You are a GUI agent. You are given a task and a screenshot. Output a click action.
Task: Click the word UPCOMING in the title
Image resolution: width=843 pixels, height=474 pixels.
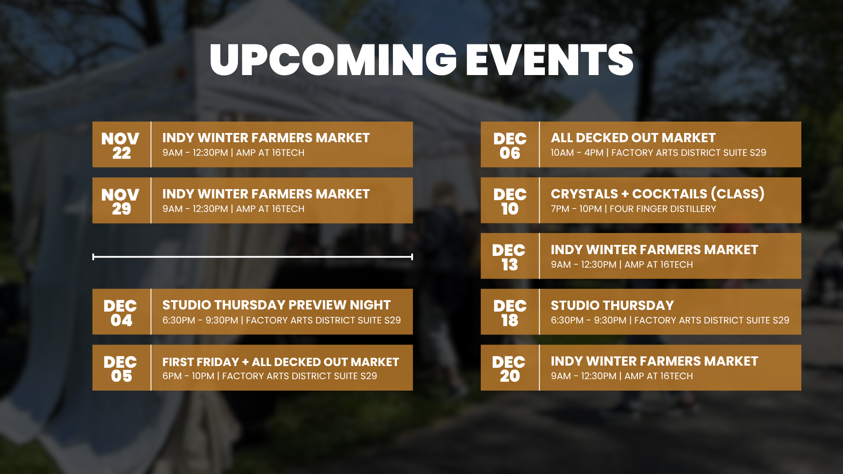[333, 60]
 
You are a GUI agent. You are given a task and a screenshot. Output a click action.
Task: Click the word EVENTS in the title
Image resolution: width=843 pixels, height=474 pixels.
[549, 60]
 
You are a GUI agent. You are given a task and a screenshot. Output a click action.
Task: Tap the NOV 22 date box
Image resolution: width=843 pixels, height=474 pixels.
[121, 145]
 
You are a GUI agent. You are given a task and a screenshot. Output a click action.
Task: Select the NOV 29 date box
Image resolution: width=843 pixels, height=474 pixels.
[121, 201]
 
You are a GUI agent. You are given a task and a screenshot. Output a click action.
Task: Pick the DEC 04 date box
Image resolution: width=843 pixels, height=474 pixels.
[121, 312]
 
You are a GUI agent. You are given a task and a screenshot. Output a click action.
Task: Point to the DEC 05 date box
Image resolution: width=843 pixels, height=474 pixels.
[121, 368]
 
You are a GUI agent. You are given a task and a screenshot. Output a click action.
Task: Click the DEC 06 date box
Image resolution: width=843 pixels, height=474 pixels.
[509, 145]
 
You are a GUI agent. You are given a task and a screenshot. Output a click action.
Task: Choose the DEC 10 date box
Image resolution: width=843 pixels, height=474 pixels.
[509, 201]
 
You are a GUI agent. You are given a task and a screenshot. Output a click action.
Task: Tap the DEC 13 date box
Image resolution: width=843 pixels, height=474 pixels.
[509, 256]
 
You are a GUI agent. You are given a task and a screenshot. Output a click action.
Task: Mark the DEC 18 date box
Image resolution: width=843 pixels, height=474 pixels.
[509, 312]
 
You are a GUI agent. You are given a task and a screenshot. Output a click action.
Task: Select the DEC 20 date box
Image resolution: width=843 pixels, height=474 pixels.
[509, 368]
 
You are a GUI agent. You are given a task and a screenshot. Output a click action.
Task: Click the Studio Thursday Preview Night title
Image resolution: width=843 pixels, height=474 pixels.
[276, 305]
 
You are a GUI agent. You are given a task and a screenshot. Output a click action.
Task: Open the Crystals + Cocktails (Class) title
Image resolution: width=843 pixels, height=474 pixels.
[657, 194]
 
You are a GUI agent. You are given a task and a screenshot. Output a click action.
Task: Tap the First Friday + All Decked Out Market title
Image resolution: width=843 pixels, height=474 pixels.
[281, 362]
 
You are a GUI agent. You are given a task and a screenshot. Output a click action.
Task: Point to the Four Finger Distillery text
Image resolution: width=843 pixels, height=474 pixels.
[663, 209]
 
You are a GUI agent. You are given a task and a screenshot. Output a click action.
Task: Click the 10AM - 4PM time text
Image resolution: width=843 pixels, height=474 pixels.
[577, 153]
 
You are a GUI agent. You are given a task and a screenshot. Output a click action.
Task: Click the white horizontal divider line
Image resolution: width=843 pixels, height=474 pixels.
[252, 257]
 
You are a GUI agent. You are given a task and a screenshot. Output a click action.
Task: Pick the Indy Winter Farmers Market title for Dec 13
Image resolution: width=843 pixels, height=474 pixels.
[654, 250]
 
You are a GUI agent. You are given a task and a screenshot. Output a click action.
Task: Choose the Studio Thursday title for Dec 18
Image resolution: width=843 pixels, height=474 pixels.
[612, 305]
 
